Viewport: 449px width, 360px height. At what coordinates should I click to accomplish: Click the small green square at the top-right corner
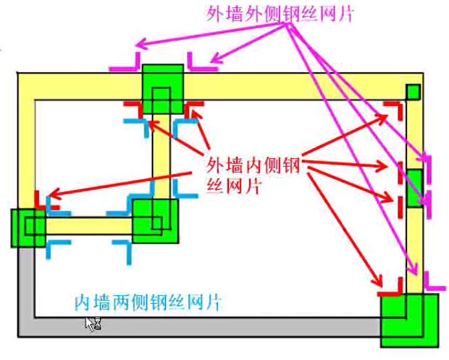413,91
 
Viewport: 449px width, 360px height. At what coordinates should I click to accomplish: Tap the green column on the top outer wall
163,88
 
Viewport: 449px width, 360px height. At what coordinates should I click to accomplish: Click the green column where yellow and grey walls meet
28,228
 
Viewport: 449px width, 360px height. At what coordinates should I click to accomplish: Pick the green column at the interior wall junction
155,220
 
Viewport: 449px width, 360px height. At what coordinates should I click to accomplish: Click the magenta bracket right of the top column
200,62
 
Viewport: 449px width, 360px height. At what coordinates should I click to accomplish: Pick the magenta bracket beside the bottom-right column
432,282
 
